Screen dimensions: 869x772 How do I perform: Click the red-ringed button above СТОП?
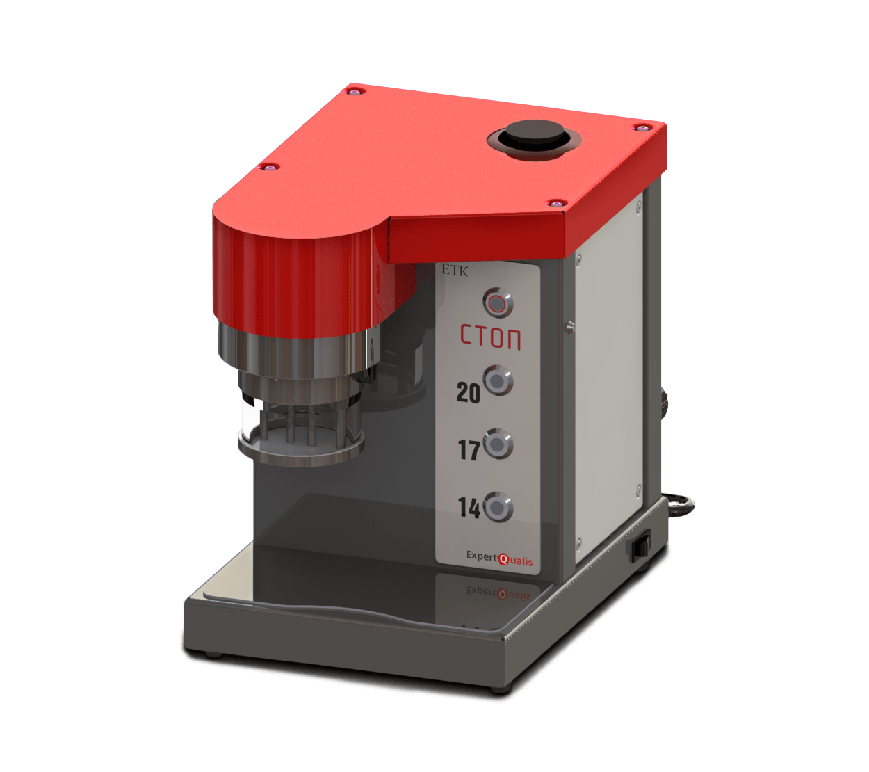[498, 303]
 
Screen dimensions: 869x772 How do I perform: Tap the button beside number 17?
[498, 444]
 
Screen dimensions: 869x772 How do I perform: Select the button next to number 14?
[498, 507]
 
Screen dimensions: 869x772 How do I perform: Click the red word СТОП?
[491, 337]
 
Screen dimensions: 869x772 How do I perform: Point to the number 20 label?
[468, 393]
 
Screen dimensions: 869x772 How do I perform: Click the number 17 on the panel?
[469, 450]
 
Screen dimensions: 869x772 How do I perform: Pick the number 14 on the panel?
[469, 507]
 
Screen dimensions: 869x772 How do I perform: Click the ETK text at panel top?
[455, 271]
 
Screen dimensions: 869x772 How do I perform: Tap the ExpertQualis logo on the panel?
[499, 558]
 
